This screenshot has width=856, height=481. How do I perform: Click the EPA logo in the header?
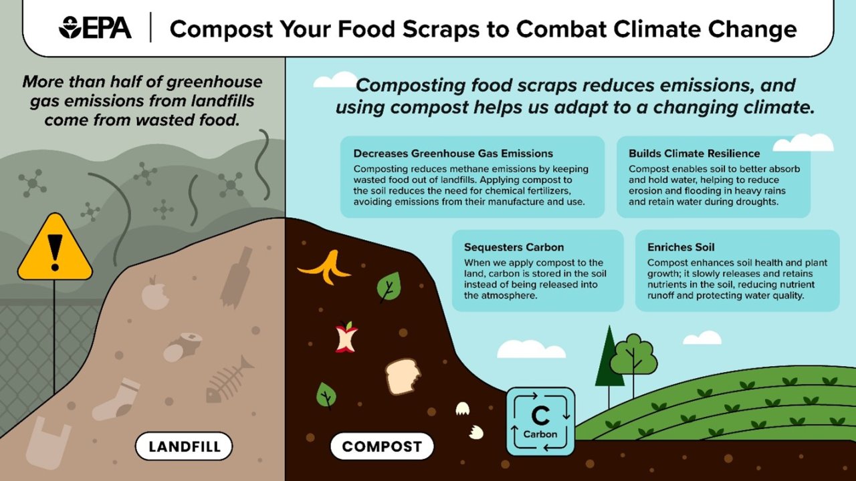96,29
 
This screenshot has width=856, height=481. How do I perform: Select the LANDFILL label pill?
184,447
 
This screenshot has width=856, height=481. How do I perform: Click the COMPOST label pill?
382,447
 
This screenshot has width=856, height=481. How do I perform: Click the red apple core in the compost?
346,337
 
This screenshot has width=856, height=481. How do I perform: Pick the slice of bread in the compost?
403,375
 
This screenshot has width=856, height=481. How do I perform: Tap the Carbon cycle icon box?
540,422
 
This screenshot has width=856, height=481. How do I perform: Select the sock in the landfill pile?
118,399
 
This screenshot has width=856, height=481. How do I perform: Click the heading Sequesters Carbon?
514,247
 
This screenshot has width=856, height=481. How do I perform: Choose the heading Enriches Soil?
681,247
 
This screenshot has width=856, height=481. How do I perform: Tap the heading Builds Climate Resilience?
694,154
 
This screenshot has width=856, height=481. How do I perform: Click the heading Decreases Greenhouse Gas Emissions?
453,154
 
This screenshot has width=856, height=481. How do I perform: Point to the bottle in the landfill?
237,275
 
